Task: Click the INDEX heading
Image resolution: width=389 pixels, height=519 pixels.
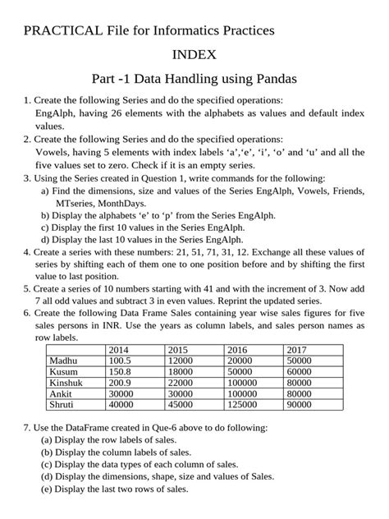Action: [x=194, y=56]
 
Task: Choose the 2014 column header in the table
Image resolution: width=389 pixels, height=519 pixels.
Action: [x=119, y=350]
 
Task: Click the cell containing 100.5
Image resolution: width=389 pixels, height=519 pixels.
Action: [x=121, y=361]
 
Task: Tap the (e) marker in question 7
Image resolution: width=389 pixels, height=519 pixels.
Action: [x=47, y=489]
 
